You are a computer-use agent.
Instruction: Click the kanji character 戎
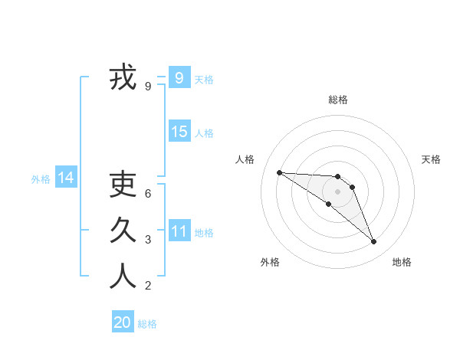coord(123,78)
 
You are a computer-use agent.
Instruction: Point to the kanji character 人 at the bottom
coord(123,276)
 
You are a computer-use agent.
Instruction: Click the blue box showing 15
coord(179,132)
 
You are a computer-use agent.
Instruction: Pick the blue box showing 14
coord(66,178)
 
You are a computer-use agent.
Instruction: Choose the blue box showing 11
coord(179,231)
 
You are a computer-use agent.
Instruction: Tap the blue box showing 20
coord(123,322)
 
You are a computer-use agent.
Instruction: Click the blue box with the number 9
coord(179,78)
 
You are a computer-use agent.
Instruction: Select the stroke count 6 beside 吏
coord(148,193)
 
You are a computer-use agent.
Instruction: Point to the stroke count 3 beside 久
coord(148,240)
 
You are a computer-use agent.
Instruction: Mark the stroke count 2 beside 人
coord(148,286)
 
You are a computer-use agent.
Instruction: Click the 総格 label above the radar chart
coord(337,100)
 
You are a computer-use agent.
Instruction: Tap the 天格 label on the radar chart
coord(431,159)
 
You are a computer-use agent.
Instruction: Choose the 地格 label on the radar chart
coord(402,262)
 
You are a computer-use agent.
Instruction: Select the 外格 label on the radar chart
coord(270,262)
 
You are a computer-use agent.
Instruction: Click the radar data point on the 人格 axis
coord(279,172)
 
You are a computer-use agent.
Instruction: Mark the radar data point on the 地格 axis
coord(374,242)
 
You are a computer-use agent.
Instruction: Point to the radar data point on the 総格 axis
coord(337,176)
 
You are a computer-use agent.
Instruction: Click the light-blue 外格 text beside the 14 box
coord(41,179)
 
